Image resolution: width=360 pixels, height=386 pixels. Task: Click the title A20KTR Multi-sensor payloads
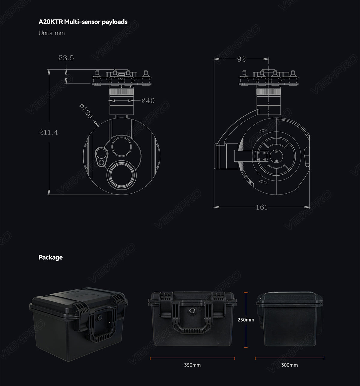[83, 22]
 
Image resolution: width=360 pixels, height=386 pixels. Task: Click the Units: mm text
[52, 33]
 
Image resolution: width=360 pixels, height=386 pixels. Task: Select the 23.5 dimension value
[66, 58]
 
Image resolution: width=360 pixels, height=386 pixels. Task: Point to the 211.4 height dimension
[49, 132]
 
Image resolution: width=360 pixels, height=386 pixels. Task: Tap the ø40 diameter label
[148, 101]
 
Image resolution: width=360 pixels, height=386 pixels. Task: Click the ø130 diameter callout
[86, 111]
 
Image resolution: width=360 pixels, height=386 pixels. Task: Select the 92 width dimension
[241, 59]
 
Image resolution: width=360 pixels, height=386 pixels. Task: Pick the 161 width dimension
[262, 207]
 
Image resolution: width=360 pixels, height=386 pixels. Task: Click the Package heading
[50, 257]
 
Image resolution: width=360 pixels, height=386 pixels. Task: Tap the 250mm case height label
[246, 320]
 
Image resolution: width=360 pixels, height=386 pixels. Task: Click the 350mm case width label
[192, 365]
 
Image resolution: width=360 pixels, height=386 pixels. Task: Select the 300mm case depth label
[289, 365]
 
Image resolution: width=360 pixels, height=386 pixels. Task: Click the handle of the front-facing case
[192, 321]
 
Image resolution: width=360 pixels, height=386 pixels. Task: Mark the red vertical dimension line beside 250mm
[246, 336]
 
